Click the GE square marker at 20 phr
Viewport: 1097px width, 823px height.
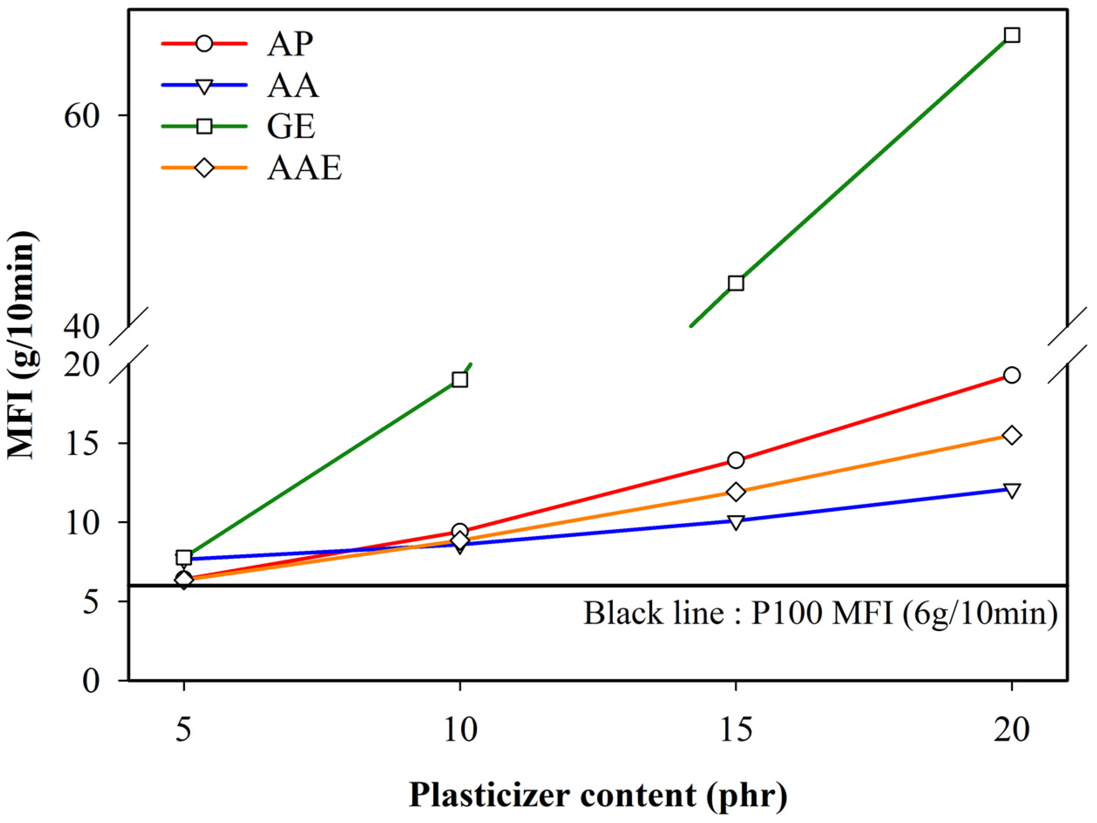click(1012, 35)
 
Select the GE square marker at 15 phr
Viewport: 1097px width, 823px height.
click(736, 283)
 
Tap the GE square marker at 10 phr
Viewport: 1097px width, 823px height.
click(460, 380)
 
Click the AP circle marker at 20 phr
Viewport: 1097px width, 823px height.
click(1012, 375)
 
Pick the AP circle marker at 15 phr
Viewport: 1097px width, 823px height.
click(736, 460)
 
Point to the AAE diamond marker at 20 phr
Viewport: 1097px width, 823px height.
click(1012, 435)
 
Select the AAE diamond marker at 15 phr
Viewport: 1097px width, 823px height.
click(736, 492)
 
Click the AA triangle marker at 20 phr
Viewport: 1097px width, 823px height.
click(1012, 490)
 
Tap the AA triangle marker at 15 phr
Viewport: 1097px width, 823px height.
click(736, 522)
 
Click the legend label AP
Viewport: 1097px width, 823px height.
click(290, 44)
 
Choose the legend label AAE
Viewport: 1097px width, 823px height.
click(305, 169)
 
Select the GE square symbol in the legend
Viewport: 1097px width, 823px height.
click(204, 126)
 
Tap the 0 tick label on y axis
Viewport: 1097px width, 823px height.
click(91, 681)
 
